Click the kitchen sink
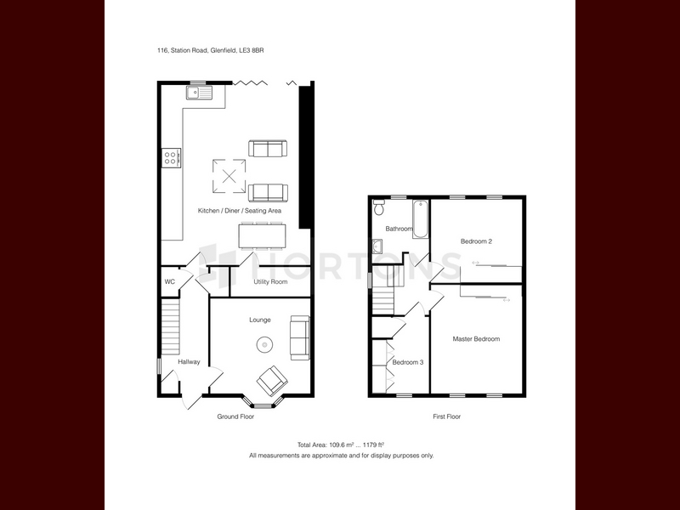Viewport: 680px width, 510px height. [x=200, y=93]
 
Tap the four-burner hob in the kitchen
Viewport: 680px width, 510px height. [x=172, y=158]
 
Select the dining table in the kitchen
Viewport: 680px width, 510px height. [x=262, y=236]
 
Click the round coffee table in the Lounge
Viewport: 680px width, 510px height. [x=264, y=345]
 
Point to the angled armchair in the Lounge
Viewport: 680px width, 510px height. [x=272, y=380]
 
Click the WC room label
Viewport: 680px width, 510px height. [x=169, y=282]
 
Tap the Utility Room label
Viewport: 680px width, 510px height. [x=270, y=282]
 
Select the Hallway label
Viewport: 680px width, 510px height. [x=189, y=362]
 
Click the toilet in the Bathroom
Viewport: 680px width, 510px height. [x=379, y=207]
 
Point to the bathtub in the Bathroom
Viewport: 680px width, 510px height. [x=420, y=219]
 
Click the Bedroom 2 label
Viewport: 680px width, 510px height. [x=476, y=241]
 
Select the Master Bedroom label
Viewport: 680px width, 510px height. [x=476, y=339]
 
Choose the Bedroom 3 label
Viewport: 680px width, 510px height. [x=408, y=362]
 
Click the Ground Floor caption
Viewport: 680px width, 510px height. [x=235, y=416]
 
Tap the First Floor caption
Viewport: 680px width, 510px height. [x=447, y=416]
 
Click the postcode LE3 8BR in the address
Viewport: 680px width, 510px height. [x=252, y=50]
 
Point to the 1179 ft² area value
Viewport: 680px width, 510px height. [x=374, y=445]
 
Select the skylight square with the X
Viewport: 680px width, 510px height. [x=229, y=176]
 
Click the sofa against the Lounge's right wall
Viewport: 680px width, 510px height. [x=300, y=337]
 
